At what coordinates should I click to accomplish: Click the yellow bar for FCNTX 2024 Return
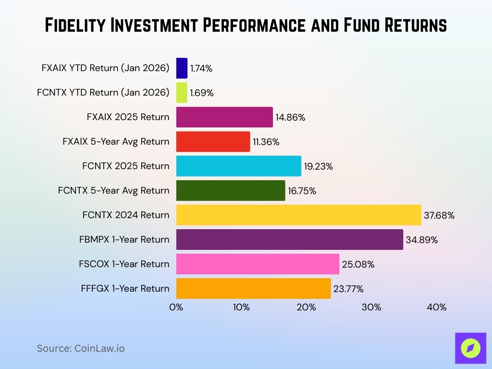coord(298,215)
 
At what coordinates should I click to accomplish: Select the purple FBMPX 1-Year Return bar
coord(289,239)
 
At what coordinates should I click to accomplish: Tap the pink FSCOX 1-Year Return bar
coord(258,264)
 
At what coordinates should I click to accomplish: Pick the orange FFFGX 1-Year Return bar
coord(253,288)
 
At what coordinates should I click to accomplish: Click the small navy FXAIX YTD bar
coord(182,68)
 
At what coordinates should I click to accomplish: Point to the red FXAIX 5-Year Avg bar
coord(213,141)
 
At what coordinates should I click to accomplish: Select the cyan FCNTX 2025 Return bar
coord(238,166)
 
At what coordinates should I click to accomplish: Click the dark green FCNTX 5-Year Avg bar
coord(231,190)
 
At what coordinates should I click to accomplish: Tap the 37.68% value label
coord(439,215)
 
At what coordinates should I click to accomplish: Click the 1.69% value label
coord(201,93)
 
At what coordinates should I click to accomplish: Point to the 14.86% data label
coord(290,117)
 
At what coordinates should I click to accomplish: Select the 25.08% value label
coord(358,264)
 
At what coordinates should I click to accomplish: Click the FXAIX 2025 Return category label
coord(128,117)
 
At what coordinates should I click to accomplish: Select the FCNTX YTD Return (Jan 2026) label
coord(103,92)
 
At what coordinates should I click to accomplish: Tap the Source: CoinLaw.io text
coord(81,348)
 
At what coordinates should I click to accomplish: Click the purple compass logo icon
coord(470,348)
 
